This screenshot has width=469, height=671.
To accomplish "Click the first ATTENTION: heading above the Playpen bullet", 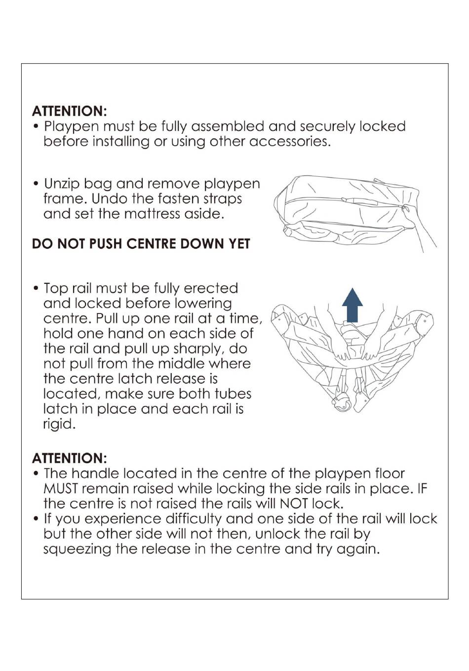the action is tap(69, 111).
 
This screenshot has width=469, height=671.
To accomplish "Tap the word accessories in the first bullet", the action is tap(290, 141).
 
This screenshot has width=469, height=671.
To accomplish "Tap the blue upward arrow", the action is tap(352, 305).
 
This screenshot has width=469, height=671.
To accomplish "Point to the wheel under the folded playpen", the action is tap(342, 403).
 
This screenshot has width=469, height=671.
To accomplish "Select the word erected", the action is tap(211, 288).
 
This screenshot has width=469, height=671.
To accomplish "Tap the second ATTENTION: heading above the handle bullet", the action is tap(69, 458).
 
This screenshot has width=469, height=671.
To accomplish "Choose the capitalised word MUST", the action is tap(61, 489).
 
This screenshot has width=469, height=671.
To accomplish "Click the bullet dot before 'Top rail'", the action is tap(36, 289).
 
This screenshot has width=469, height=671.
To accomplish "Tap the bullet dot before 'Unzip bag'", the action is tap(36, 183).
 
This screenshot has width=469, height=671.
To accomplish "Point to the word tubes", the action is tap(233, 394).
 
